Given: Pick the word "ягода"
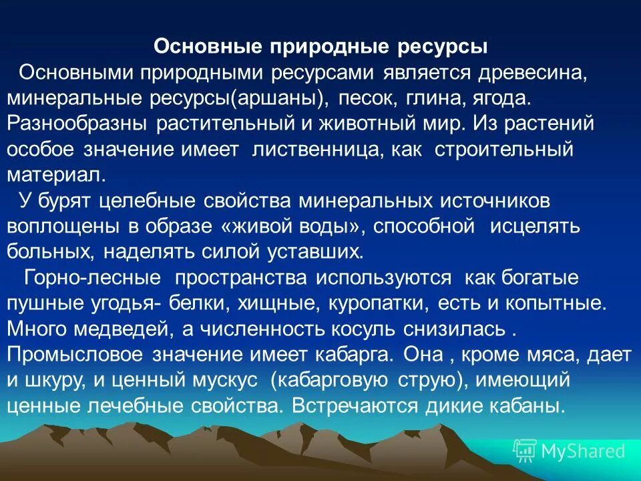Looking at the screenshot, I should point(502,98).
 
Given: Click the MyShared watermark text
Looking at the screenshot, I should point(582,451).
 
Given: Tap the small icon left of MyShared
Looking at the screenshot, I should point(525,451).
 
